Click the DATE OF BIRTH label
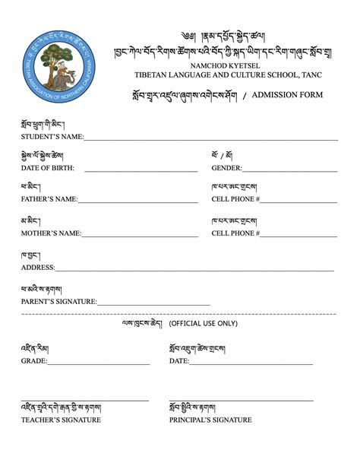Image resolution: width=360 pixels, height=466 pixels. [48, 168]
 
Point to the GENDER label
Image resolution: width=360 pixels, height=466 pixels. [226, 168]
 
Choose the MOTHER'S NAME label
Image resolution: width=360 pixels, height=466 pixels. [51, 233]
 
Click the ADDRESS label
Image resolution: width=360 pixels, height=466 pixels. [37, 268]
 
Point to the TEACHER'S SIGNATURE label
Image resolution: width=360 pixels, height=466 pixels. [61, 420]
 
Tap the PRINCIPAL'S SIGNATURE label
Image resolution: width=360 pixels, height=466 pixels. [211, 420]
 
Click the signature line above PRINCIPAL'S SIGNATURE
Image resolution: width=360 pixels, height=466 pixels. [242, 401]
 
